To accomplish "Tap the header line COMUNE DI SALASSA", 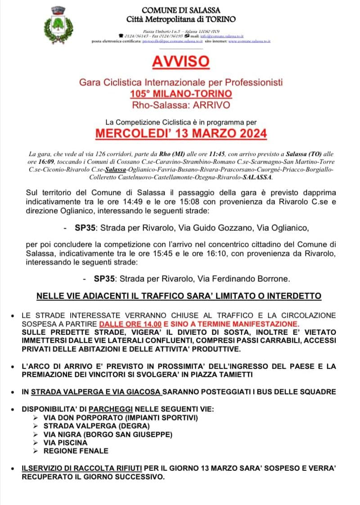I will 181,10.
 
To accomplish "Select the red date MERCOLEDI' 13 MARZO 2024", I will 180,134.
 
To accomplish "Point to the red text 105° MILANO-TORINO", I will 181,94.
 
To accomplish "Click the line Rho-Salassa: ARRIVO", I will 181,104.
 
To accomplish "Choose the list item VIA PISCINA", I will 66,442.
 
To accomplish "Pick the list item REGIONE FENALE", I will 76,451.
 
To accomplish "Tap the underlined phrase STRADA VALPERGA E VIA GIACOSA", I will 96,392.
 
